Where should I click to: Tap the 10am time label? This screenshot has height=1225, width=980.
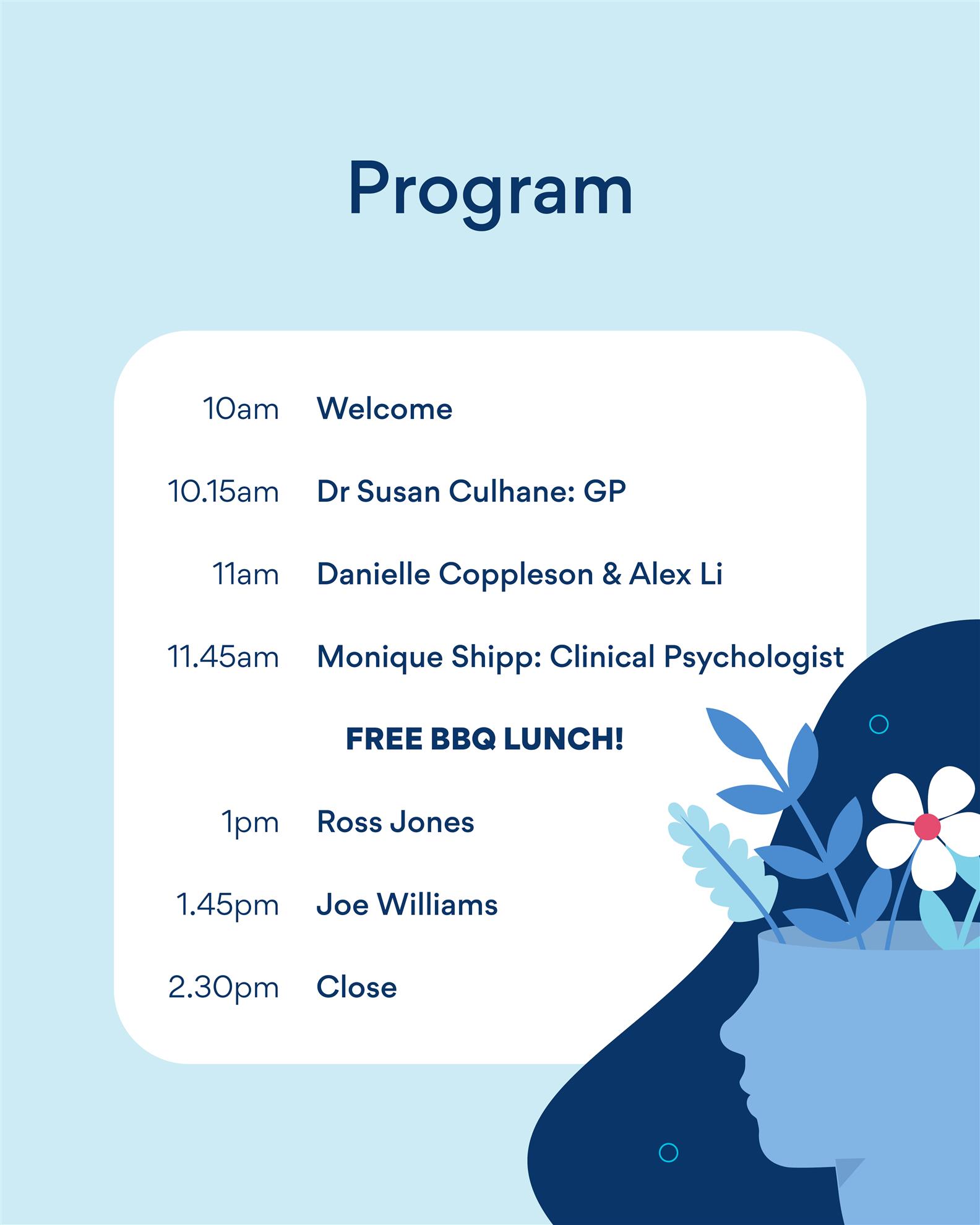241,409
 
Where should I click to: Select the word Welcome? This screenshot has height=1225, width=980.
384,409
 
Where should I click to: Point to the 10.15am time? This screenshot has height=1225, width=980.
223,492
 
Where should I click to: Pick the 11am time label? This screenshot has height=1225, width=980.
246,574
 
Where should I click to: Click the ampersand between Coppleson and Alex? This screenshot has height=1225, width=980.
611,575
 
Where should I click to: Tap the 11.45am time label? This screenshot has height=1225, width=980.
223,657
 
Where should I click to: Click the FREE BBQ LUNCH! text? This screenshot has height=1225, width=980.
484,739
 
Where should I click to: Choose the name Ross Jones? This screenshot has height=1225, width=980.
395,822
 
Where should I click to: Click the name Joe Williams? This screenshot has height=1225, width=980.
407,905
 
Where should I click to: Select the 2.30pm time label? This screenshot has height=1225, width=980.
223,988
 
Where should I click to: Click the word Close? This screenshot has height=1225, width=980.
356,987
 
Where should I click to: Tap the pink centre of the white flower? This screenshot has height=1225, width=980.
927,826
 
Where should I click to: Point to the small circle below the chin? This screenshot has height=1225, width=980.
668,1152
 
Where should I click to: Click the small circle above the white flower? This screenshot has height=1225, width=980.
879,724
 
